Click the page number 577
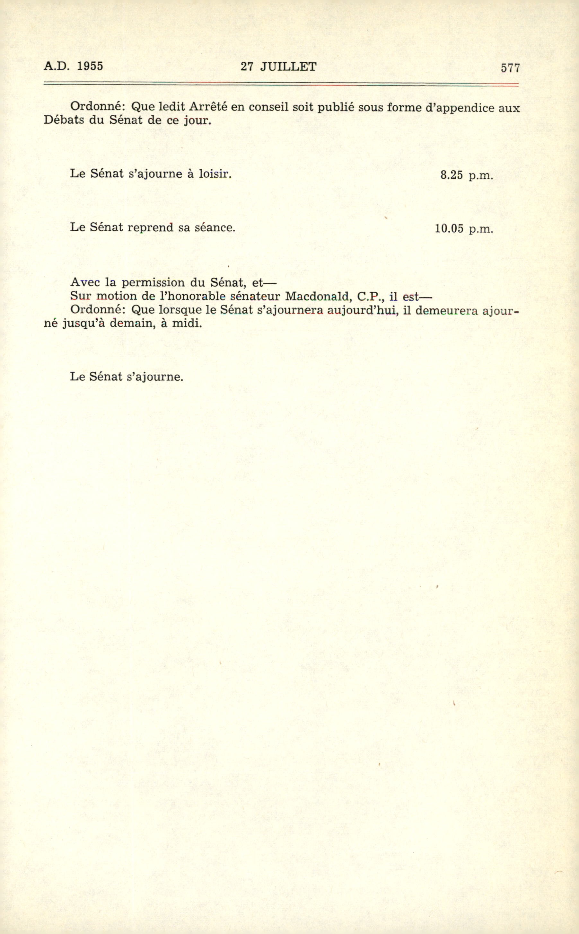510,68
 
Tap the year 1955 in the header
90,66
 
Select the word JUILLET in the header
288,67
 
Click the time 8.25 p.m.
466,175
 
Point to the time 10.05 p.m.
464,229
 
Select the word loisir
215,174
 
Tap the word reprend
151,227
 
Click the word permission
153,283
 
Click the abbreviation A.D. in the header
57,66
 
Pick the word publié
336,107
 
